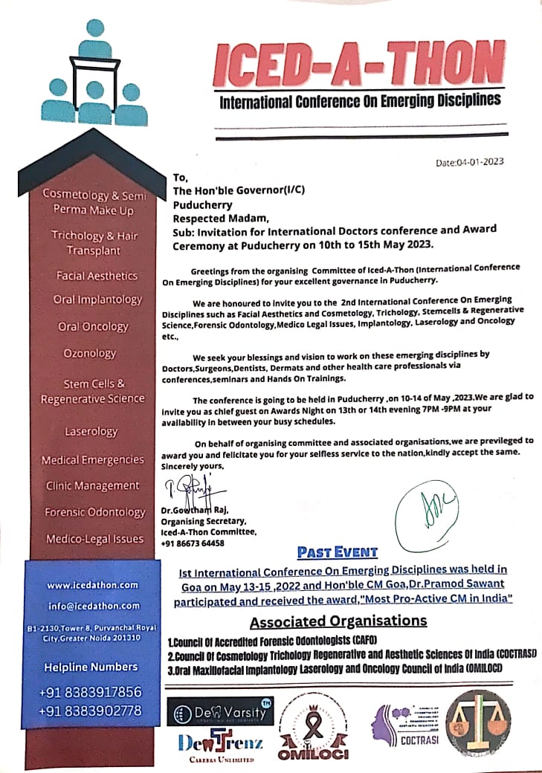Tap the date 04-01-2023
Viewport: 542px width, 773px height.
[x=471, y=162]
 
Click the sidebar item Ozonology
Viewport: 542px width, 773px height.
[x=90, y=353]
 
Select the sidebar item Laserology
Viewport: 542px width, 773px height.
[x=91, y=431]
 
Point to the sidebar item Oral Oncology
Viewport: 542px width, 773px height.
[x=93, y=326]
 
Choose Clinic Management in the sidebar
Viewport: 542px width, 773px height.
[x=92, y=485]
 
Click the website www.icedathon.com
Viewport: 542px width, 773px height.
[x=92, y=584]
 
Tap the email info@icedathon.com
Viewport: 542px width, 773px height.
[x=92, y=605]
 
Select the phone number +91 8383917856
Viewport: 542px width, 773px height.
[x=90, y=691]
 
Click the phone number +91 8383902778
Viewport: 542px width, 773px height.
[x=90, y=711]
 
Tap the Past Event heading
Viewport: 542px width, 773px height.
[x=338, y=552]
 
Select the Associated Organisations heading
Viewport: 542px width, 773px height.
[x=338, y=621]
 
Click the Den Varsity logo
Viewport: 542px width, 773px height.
[x=221, y=714]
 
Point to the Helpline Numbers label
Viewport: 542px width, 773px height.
[x=91, y=667]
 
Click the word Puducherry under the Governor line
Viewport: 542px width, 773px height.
[x=202, y=204]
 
